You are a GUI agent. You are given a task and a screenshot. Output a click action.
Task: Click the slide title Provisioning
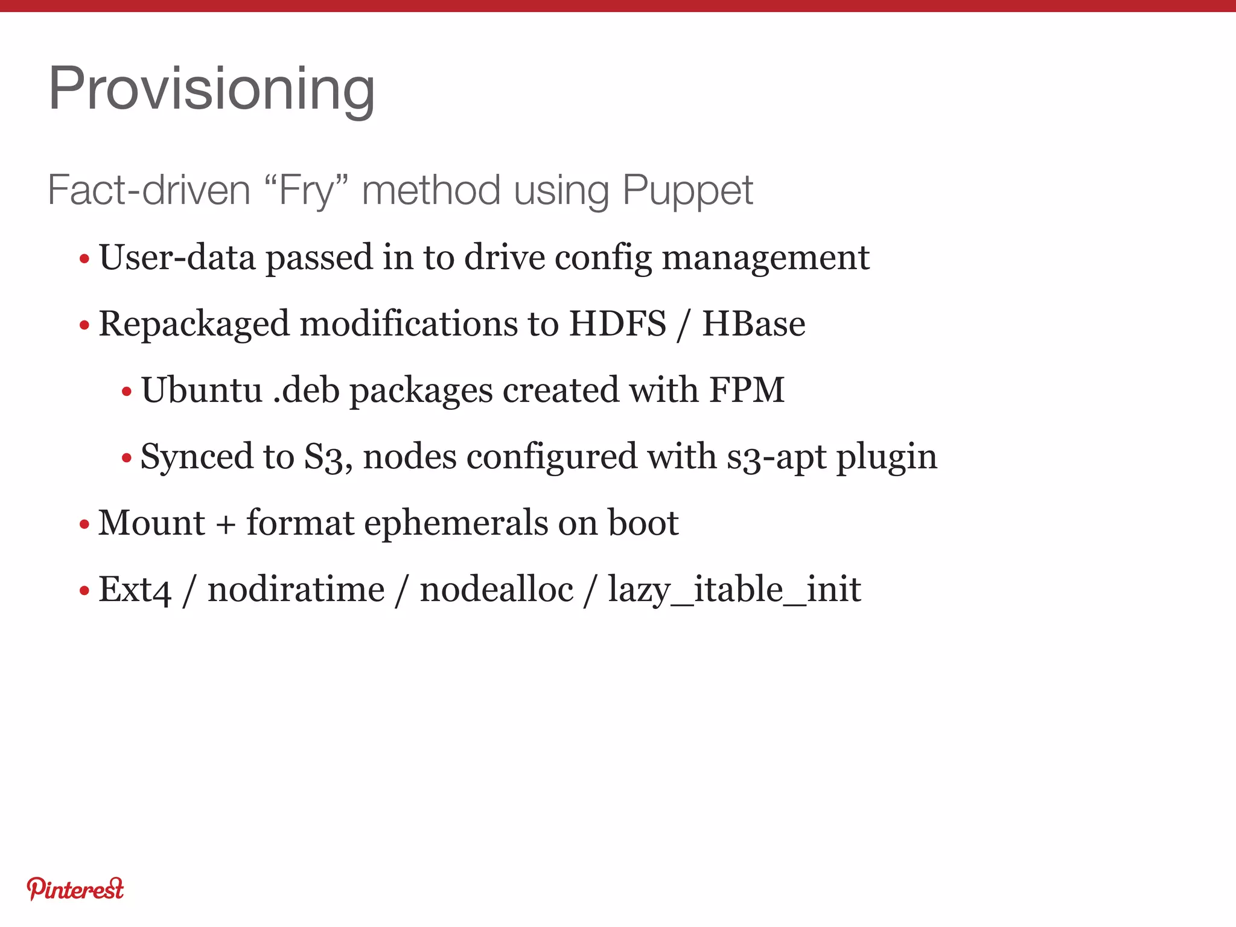click(x=211, y=89)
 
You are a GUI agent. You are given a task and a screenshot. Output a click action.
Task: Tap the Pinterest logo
click(x=75, y=889)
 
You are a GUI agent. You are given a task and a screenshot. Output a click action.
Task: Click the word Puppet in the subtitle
click(x=687, y=191)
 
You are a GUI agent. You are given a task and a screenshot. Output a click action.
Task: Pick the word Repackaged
click(x=194, y=324)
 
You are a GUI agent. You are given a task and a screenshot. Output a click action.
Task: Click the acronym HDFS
click(x=617, y=323)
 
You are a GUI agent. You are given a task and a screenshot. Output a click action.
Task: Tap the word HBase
click(x=753, y=323)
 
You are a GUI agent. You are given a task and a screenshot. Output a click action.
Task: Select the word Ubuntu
click(x=202, y=390)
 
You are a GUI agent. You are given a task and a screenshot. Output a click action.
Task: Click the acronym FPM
click(x=747, y=390)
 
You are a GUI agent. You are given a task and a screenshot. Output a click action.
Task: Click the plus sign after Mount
click(x=226, y=523)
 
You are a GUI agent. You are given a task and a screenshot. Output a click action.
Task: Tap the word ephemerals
click(x=456, y=523)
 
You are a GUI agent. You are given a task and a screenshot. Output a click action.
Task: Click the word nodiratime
click(x=296, y=589)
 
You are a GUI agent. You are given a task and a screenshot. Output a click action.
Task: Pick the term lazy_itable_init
click(x=734, y=590)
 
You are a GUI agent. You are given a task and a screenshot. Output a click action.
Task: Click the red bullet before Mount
click(x=84, y=524)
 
